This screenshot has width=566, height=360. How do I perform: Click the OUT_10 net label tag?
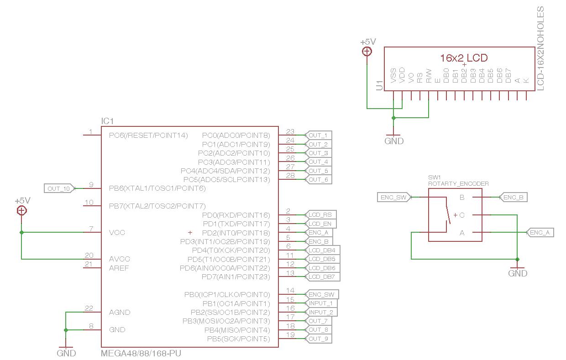pos(59,188)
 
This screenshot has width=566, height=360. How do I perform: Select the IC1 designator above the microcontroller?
pos(107,121)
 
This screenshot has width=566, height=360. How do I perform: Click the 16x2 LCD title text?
pos(464,58)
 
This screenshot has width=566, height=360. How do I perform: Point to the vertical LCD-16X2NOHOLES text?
pos(540,48)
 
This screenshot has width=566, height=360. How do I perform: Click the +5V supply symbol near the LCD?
pos(367,51)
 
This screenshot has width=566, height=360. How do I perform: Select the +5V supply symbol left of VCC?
pos(21,210)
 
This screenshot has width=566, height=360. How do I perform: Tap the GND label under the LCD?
pos(394,141)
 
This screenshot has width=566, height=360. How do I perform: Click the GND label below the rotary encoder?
pos(518,273)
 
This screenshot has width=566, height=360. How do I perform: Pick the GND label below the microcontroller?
pos(66,353)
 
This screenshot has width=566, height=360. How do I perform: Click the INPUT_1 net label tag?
pos(321,303)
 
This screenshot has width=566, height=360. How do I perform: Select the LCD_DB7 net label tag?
pos(322,277)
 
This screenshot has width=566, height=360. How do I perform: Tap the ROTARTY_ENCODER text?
pos(458,183)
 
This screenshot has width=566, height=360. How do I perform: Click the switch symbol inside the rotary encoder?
pos(446,210)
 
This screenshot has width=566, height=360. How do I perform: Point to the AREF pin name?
pos(119,268)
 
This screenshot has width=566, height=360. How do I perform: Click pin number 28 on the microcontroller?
pos(290,176)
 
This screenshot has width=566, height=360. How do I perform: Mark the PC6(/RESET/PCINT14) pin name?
pos(148,136)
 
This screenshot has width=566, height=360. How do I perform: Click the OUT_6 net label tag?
pos(318,180)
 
